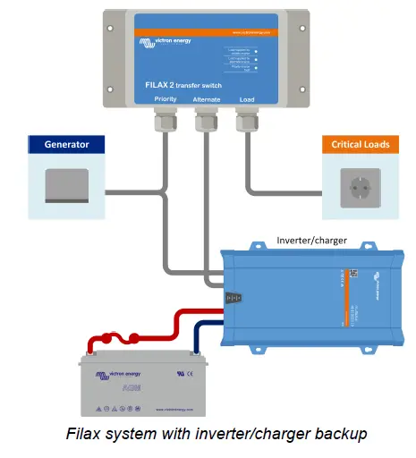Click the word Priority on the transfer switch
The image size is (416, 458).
[x=166, y=100]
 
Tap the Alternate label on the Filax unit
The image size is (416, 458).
[x=206, y=100]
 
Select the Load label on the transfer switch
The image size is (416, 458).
[x=248, y=100]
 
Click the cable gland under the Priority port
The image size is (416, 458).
[x=166, y=122]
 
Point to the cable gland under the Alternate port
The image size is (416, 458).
[x=206, y=122]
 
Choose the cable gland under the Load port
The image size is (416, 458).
[x=248, y=122]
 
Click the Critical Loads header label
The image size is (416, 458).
[x=360, y=144]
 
